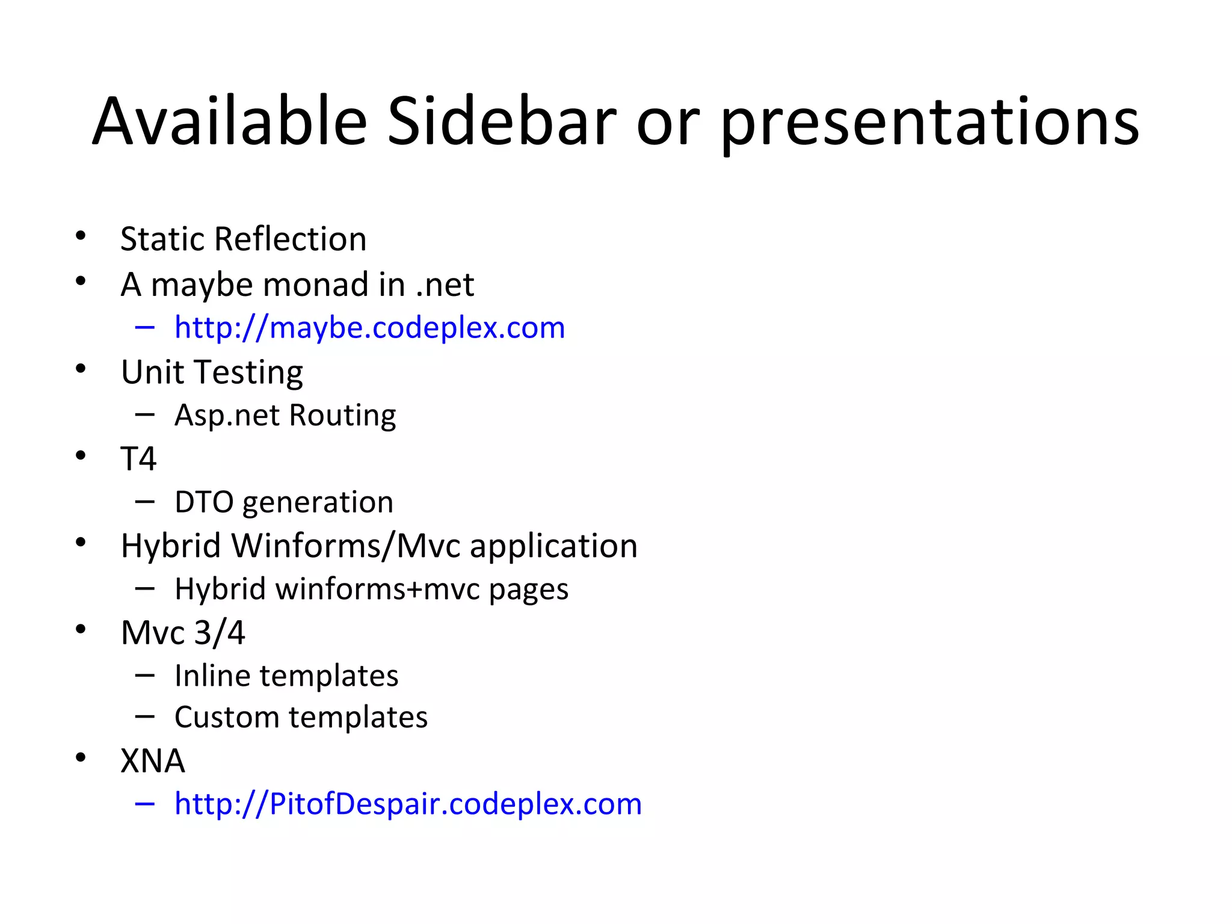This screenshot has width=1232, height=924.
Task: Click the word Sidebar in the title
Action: click(502, 122)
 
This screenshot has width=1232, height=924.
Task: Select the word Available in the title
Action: click(230, 122)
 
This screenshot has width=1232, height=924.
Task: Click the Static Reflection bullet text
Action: click(243, 239)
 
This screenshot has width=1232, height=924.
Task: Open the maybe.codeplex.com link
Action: click(369, 328)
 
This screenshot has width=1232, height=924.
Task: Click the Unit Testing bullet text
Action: click(212, 372)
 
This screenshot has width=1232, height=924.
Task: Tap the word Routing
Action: click(342, 415)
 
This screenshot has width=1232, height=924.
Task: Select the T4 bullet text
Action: click(138, 459)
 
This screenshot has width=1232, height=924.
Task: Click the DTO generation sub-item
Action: click(283, 502)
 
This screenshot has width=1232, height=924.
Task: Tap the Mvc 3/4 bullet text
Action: click(183, 633)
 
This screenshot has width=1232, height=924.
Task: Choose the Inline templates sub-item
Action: click(286, 676)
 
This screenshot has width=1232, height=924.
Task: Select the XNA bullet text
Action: click(153, 761)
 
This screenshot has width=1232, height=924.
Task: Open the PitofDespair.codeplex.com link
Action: click(408, 804)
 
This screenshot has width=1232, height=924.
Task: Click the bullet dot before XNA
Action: click(81, 757)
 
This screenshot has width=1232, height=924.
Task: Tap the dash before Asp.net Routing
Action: click(145, 414)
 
